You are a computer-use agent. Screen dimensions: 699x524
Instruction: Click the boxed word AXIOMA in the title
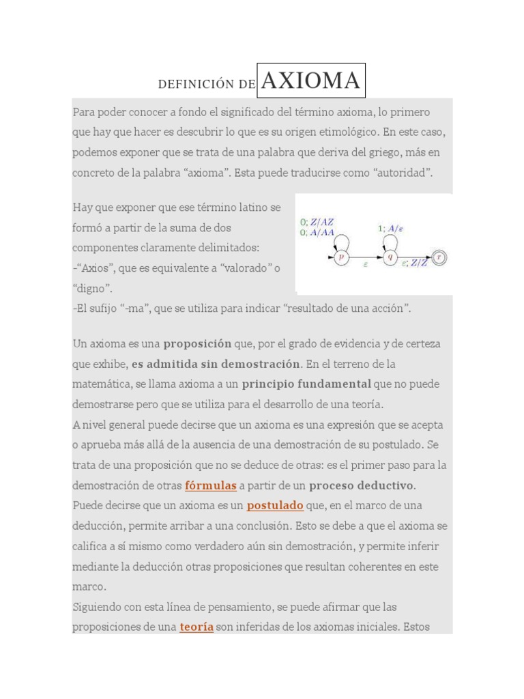310,81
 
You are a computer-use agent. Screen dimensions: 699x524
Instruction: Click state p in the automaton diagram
342,257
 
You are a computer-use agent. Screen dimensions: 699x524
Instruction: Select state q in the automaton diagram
390,257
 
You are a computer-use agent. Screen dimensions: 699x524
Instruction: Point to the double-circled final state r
440,257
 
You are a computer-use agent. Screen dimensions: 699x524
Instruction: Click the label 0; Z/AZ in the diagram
317,222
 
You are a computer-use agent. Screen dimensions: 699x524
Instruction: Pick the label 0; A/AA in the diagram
317,232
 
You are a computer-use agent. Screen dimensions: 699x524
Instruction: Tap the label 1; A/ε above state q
390,229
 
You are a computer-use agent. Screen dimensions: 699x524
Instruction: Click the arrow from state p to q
365,257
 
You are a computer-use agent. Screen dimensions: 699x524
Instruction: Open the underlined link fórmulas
211,485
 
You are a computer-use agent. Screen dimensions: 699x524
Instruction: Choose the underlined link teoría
197,627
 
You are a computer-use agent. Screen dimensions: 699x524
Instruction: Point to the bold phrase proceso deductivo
362,485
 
